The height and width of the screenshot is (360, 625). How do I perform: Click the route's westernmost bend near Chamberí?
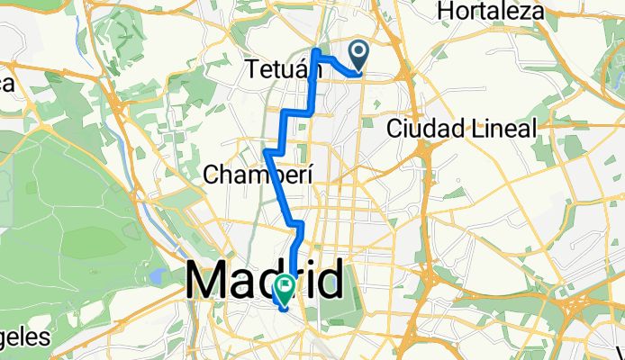[x=267, y=154]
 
